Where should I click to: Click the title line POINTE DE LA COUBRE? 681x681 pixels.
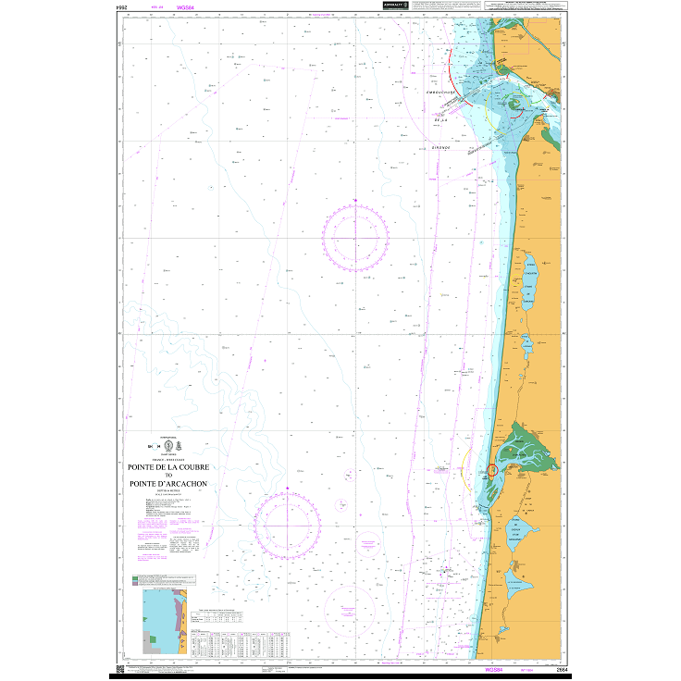pyautogui.click(x=169, y=468)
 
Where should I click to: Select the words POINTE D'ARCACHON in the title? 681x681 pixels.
pyautogui.click(x=169, y=484)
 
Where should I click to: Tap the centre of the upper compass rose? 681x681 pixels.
pyautogui.click(x=356, y=238)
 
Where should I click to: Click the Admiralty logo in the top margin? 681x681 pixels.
pyautogui.click(x=393, y=6)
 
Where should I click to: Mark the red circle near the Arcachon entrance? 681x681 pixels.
pyautogui.click(x=491, y=470)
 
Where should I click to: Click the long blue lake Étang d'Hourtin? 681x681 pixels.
pyautogui.click(x=531, y=290)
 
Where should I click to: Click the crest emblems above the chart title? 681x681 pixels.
pyautogui.click(x=169, y=451)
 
